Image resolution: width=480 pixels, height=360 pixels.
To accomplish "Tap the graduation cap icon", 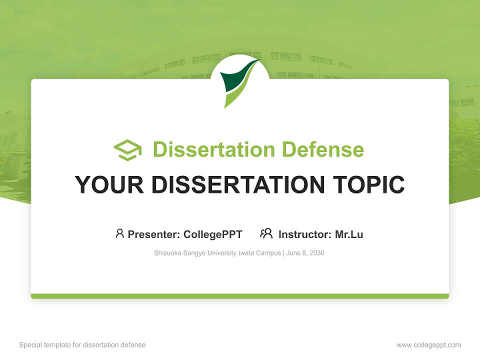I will (x=127, y=150).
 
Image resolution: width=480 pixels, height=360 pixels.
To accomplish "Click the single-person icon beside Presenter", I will (x=119, y=233).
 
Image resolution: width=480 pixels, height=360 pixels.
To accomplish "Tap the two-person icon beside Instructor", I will (x=266, y=233).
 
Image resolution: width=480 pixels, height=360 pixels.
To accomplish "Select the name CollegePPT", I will (x=212, y=234).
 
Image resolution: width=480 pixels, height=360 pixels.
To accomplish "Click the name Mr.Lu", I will (x=349, y=234).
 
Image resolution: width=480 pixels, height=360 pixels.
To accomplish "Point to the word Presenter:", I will (x=154, y=234).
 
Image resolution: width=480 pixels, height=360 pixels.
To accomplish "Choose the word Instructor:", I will (x=304, y=234).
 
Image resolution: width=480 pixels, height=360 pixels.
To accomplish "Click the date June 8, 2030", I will (x=305, y=253).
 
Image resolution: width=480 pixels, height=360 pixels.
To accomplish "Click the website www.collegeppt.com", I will (x=428, y=345).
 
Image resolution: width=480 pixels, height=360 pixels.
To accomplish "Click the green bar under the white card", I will (x=239, y=296).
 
